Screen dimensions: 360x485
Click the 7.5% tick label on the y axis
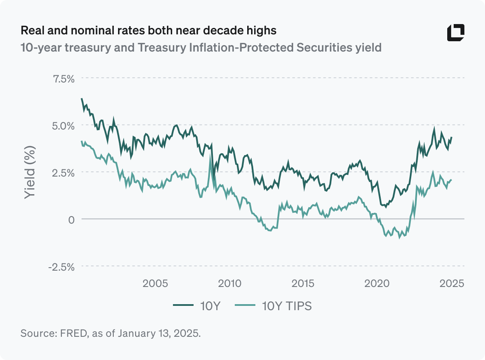coord(63,79)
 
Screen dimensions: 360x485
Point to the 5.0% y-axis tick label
coord(63,125)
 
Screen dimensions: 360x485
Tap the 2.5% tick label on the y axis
coord(63,172)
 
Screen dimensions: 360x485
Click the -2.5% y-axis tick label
coord(61,266)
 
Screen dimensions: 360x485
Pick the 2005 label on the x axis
coord(155,284)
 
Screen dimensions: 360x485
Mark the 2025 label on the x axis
coord(451,284)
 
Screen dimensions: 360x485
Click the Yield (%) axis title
coord(29,172)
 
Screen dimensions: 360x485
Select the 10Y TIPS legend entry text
coord(287,306)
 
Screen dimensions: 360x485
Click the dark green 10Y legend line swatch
coord(184,306)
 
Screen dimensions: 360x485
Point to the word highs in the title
coord(261,31)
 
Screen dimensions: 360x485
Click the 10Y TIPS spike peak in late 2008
coord(210,156)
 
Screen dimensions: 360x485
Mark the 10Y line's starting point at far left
coord(82,98)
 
